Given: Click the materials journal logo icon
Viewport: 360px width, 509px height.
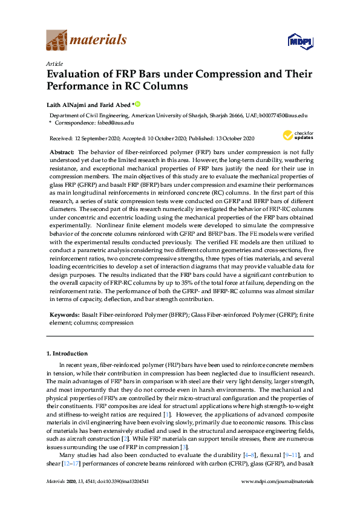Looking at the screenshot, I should pyautogui.click(x=56, y=41).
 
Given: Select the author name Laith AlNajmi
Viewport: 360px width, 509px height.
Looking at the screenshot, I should pyautogui.click(x=67, y=103).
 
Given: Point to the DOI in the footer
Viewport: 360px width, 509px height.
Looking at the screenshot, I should pyautogui.click(x=129, y=481).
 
